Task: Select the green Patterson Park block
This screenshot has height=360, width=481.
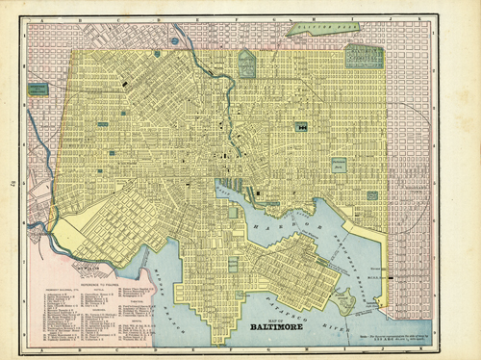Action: tap(339, 166)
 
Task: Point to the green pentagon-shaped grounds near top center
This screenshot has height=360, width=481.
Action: tap(246, 64)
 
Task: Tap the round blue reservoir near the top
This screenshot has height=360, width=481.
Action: tap(174, 41)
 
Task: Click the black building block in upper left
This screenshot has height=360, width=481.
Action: tap(124, 87)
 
